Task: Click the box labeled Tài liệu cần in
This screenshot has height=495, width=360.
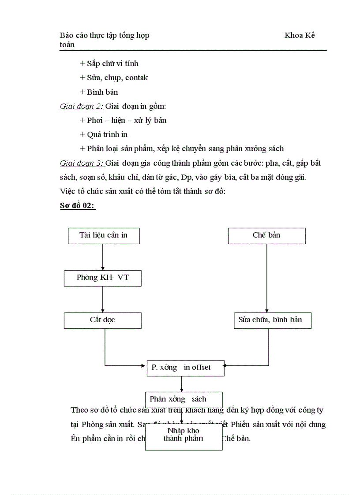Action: [103, 235]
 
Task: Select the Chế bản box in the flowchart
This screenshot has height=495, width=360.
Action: [266, 235]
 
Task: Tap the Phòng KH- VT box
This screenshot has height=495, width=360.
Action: [103, 278]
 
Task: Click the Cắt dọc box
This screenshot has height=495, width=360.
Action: [102, 320]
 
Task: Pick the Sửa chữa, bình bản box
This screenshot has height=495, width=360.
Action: [272, 320]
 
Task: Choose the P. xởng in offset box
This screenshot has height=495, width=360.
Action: [185, 368]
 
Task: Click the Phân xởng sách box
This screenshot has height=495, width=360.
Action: [184, 399]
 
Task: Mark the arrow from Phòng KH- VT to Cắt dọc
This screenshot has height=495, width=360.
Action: [103, 299]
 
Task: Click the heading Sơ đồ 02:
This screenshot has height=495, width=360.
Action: [78, 206]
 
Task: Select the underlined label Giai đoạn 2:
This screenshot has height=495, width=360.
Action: [82, 106]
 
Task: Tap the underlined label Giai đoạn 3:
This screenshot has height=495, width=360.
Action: [82, 164]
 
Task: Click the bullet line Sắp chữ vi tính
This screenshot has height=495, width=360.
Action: [109, 63]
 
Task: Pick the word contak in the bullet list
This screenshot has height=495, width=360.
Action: [136, 78]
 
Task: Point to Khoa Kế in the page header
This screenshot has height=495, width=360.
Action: [300, 35]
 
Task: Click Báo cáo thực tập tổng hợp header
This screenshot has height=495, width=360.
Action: [104, 35]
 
